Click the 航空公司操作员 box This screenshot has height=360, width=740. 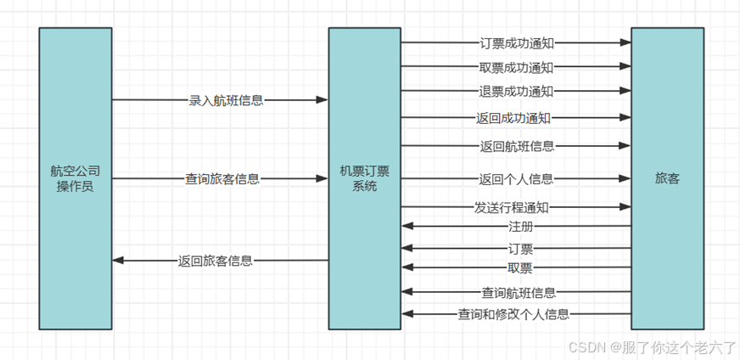(x=75, y=178)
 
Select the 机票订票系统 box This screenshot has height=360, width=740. (x=365, y=178)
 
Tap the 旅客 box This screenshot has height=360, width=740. (x=667, y=178)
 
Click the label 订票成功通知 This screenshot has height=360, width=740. (x=516, y=42)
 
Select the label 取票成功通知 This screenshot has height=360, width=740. (x=516, y=66)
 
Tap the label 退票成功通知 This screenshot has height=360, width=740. (x=516, y=91)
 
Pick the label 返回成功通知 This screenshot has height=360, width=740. (x=516, y=118)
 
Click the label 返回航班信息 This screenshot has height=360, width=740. (x=517, y=146)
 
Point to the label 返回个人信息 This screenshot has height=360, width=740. (x=516, y=179)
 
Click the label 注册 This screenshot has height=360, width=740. (x=520, y=227)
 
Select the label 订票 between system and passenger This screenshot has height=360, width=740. (x=520, y=249)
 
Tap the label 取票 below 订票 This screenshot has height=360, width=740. (x=520, y=268)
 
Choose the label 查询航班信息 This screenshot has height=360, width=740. (x=519, y=293)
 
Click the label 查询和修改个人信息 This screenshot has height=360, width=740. (x=513, y=314)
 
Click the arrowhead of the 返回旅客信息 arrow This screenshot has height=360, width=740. (x=118, y=261)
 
